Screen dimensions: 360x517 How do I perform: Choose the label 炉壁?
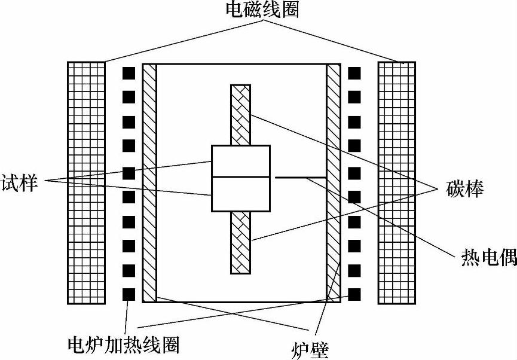(x=310, y=347)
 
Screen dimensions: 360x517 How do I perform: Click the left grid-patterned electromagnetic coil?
(x=86, y=182)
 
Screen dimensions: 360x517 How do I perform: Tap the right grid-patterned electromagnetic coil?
(x=397, y=182)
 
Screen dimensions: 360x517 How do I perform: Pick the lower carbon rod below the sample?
(x=241, y=242)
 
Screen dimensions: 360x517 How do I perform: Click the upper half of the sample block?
(x=241, y=161)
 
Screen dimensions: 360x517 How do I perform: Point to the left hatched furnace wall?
(x=149, y=182)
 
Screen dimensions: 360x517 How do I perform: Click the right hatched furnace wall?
(x=333, y=182)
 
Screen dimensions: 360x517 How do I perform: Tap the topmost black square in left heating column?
(x=129, y=74)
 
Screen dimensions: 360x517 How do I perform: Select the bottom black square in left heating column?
(x=129, y=294)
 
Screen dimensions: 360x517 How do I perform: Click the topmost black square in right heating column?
(x=354, y=74)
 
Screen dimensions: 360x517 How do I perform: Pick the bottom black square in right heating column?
(x=354, y=294)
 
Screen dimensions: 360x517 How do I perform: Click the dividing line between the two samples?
(x=241, y=178)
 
